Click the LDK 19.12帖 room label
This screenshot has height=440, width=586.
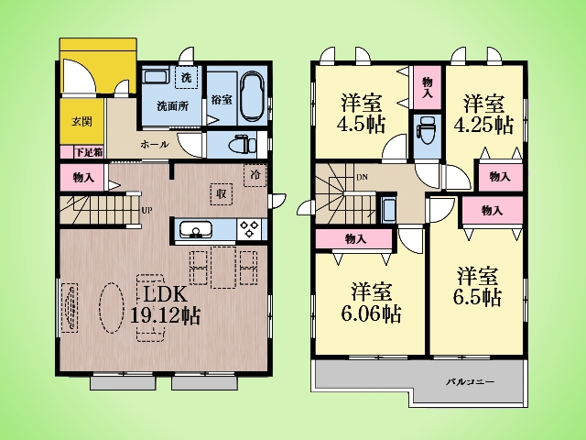click(x=165, y=305)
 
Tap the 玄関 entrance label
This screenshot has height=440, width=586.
click(x=81, y=121)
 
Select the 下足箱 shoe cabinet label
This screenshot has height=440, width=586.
click(x=89, y=152)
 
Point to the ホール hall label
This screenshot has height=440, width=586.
click(x=155, y=145)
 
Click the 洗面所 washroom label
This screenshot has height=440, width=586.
click(x=173, y=106)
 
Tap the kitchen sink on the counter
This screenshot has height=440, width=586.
click(x=195, y=229)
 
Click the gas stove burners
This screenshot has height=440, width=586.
click(x=249, y=229)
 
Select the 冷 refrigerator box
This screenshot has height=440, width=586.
click(x=255, y=175)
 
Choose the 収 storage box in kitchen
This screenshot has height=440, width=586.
click(x=222, y=193)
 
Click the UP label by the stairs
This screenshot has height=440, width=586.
click(x=146, y=210)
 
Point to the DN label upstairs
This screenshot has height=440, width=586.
click(x=362, y=177)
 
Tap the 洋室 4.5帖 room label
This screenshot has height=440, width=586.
click(x=362, y=114)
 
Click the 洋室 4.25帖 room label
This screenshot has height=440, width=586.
click(x=484, y=114)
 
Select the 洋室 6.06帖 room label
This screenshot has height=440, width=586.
click(x=372, y=302)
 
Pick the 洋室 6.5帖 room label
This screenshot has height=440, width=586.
click(x=478, y=286)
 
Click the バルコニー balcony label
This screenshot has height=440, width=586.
click(x=471, y=382)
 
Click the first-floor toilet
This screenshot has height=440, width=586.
click(x=242, y=145)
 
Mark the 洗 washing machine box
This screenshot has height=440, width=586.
click(x=186, y=77)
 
